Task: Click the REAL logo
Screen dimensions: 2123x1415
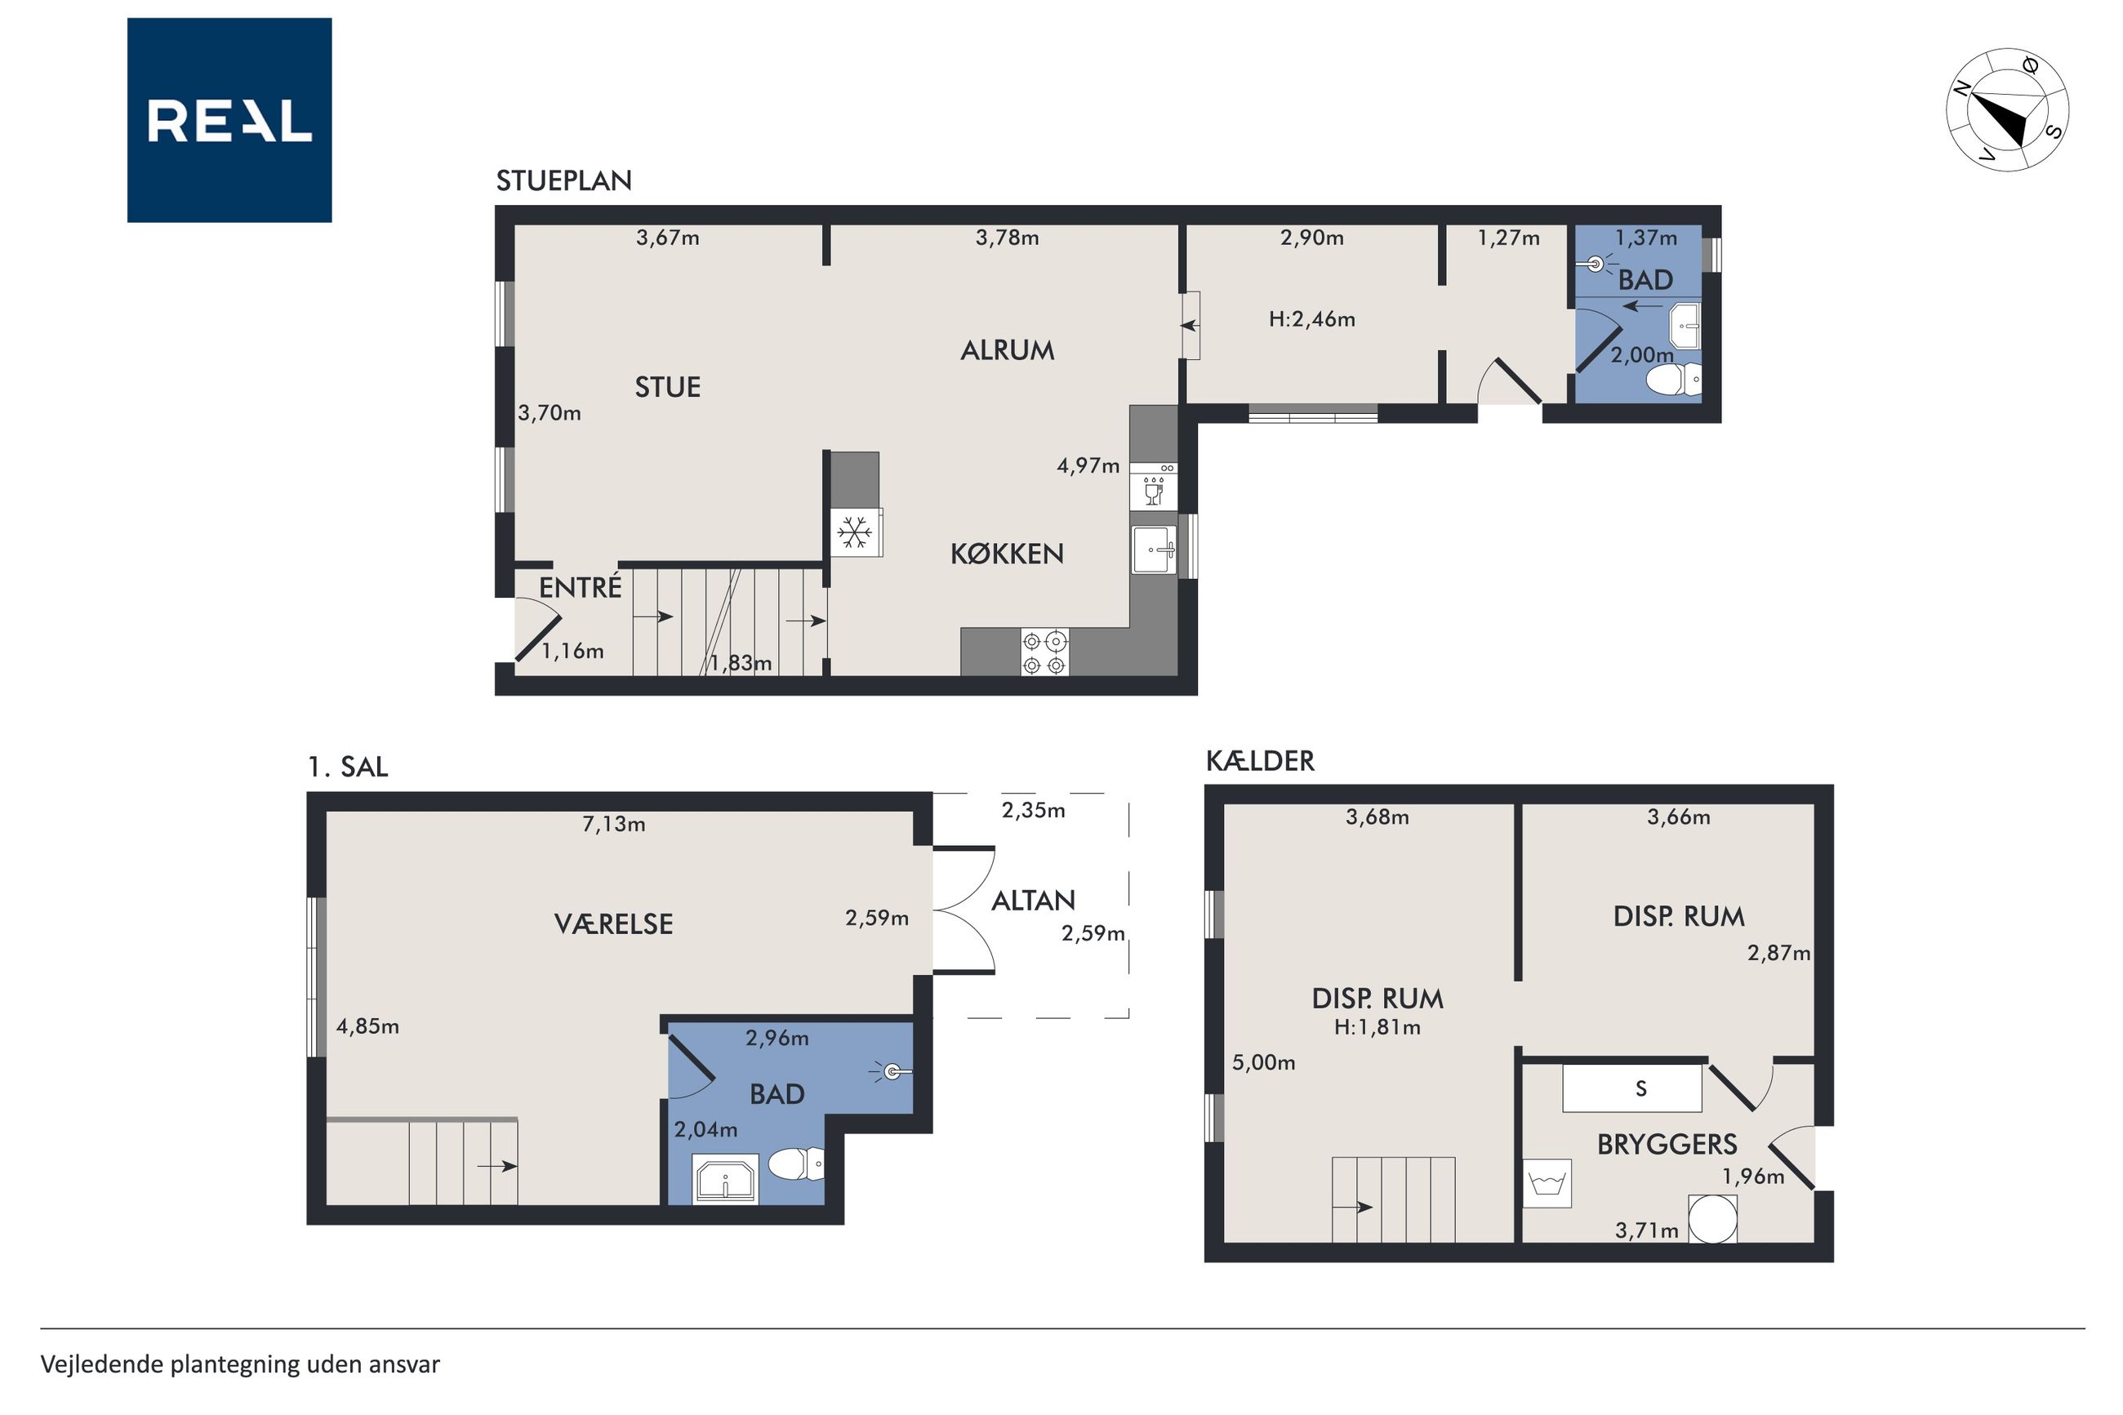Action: point(229,120)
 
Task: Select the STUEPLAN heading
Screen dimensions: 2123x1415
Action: point(564,180)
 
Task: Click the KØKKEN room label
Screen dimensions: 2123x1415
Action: point(1007,554)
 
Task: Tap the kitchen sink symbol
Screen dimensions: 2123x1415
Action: point(1154,549)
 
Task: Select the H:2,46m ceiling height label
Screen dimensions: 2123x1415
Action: point(1312,318)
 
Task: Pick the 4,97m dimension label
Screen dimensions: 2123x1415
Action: point(1088,465)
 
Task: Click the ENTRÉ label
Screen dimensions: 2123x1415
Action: point(580,588)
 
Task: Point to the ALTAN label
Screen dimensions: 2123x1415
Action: point(1033,900)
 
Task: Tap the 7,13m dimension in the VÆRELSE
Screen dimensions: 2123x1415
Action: point(613,824)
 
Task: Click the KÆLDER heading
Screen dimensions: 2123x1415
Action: point(1261,762)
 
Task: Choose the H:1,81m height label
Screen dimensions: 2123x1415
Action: point(1378,1027)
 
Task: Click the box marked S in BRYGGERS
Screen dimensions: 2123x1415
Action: point(1632,1088)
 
